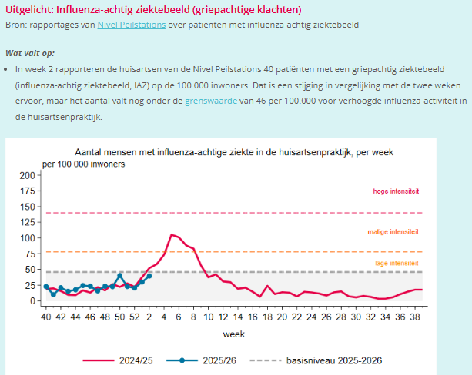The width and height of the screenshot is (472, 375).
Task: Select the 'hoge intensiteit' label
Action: coord(396,191)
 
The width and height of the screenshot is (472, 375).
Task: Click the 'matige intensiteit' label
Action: coord(394,231)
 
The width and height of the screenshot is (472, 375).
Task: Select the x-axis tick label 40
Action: coord(45,316)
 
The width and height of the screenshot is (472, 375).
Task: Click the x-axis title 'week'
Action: coord(234,334)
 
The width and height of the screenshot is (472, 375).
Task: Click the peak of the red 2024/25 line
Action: coord(172,234)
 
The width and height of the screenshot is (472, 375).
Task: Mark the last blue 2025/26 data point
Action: coord(149,275)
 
